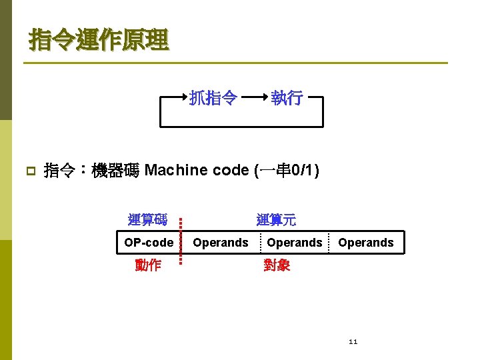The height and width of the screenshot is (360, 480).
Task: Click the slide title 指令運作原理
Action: [99, 40]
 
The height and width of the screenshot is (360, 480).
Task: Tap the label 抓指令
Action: [213, 99]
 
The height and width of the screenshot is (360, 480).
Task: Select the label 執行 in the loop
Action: [287, 99]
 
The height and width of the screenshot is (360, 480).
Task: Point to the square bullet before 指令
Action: [29, 172]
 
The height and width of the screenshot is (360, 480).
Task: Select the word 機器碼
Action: [115, 171]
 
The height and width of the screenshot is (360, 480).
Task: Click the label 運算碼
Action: [147, 219]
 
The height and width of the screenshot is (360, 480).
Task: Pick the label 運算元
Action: [276, 219]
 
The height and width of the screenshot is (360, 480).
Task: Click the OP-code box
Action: [148, 243]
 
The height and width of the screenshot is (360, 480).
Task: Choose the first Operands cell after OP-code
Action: [220, 243]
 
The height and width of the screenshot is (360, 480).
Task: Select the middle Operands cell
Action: [294, 243]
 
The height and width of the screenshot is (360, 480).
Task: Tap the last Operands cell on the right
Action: [366, 243]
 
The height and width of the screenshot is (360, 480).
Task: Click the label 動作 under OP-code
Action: [147, 265]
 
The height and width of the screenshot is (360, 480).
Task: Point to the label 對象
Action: [277, 265]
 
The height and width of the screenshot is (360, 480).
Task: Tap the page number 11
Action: [353, 342]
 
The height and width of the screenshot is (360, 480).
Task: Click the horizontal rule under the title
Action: [233, 63]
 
